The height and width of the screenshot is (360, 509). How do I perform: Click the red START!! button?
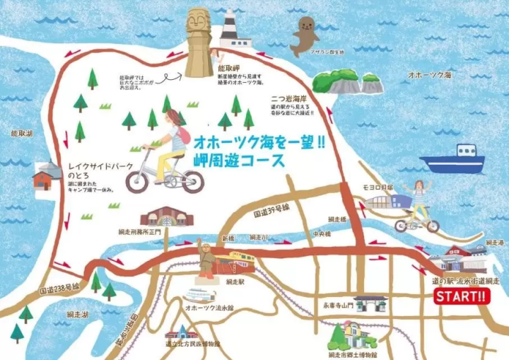tap(460, 296)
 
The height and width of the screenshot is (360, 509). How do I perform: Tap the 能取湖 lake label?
tap(22, 132)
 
